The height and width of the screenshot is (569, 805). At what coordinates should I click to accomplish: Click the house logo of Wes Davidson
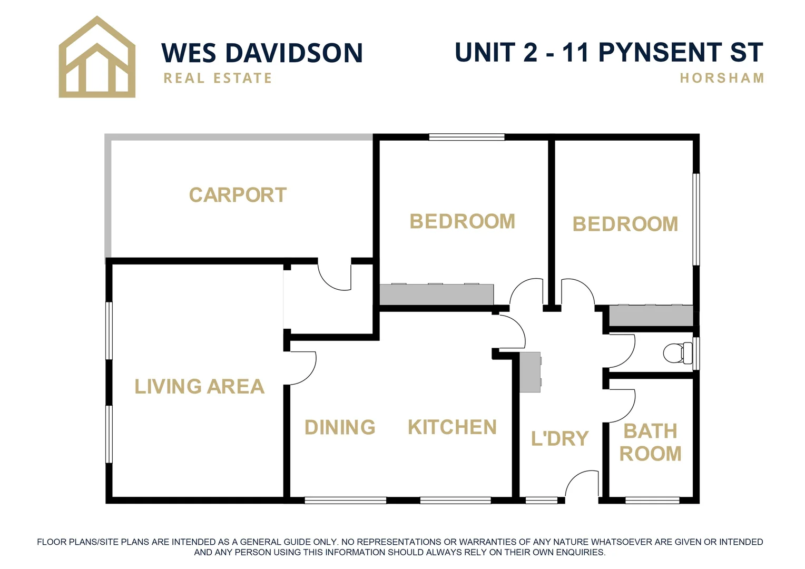coord(97,57)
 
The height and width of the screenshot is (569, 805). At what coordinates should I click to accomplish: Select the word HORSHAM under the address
coord(721,79)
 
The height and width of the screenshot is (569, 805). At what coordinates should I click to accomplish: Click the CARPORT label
coord(238,195)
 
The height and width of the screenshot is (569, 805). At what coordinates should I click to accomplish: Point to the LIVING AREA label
coord(199,387)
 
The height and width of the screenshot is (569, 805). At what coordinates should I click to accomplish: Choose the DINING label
coord(340,427)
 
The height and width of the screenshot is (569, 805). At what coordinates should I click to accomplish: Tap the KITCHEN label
coord(452,427)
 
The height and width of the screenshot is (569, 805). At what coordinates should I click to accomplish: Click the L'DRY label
coord(559,438)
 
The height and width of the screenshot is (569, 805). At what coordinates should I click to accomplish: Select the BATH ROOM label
coord(650,443)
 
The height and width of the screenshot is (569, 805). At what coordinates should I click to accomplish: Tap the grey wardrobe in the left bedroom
coord(436,295)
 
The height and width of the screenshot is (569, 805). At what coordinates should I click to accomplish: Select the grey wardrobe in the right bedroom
coord(651,315)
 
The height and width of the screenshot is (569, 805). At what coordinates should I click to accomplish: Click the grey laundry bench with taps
coord(530,372)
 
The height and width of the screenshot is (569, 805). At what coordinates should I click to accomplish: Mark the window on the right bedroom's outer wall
coord(696,219)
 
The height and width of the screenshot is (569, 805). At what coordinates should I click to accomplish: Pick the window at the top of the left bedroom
coord(467,137)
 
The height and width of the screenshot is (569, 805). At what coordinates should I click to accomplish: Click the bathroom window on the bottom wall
coord(652,500)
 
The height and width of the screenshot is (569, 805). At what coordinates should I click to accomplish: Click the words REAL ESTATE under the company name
coord(218,79)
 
